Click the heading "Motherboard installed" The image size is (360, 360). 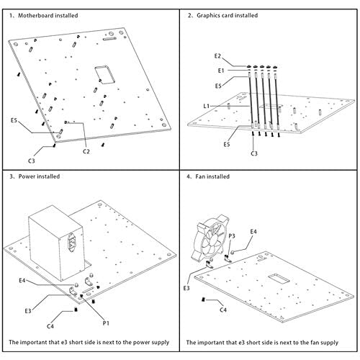48,16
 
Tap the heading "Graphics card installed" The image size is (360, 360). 228,15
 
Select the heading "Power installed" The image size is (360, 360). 39,176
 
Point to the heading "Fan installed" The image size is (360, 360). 212,176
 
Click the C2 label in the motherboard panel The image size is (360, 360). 86,151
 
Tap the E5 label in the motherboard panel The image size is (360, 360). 14,120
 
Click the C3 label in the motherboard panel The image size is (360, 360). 32,161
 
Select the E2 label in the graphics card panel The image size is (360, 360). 217,56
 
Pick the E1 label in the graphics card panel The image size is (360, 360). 221,71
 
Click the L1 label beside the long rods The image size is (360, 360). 207,106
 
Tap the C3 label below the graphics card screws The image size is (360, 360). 254,153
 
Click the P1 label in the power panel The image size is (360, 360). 106,323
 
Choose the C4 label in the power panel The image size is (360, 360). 50,326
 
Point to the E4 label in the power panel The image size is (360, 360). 22,280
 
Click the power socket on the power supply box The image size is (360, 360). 72,243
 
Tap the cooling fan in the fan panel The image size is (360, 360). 210,240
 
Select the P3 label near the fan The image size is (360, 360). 232,236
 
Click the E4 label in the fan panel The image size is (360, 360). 253,232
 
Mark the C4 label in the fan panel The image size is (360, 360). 223,310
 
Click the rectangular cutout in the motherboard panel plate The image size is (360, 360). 105,75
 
